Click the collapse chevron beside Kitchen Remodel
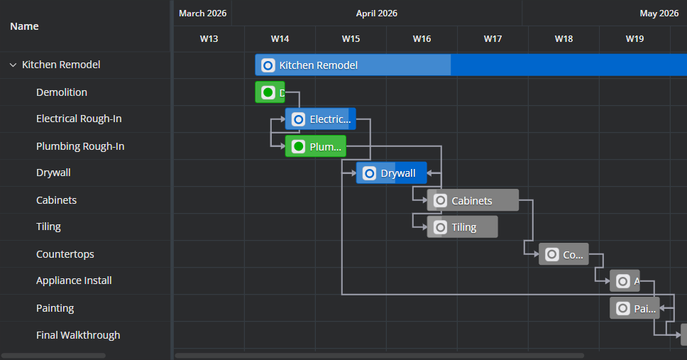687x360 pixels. [x=13, y=65]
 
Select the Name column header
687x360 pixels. [x=25, y=26]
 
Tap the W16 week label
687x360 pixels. [x=422, y=38]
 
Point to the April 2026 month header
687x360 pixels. [x=377, y=13]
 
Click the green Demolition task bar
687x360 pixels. [x=270, y=92]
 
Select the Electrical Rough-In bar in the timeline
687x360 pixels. [x=320, y=119]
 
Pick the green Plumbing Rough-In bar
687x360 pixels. [x=315, y=146]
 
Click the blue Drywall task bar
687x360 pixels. [x=391, y=173]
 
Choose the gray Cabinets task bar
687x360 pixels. [x=473, y=200]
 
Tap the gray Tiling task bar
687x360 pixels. [x=462, y=227]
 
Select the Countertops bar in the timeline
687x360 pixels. [x=564, y=254]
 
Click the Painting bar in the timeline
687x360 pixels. [x=634, y=308]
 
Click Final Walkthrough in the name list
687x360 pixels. [x=78, y=335]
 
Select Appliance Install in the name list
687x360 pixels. [x=74, y=280]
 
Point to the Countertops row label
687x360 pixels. [x=65, y=254]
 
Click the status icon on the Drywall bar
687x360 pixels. [x=369, y=173]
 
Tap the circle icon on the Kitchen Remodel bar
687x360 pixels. [x=268, y=65]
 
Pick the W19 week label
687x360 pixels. [x=635, y=38]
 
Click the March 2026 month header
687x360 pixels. [x=202, y=13]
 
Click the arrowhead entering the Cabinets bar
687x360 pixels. [x=424, y=200]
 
